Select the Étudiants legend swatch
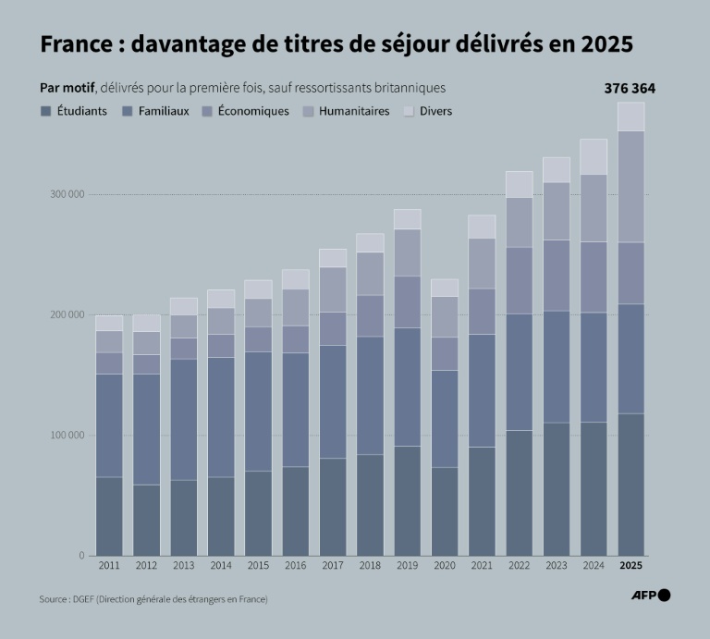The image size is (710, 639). pos(45,111)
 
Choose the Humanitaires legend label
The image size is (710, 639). pos(353,111)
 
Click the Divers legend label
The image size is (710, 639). pos(435,111)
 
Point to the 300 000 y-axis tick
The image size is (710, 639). pos(65,194)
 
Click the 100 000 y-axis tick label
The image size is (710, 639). pos(65,436)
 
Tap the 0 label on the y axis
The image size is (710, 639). pos(80,556)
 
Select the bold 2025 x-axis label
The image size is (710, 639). pos(630,565)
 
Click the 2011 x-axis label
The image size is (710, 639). pos(109,565)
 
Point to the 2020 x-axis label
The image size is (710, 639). pos(444,565)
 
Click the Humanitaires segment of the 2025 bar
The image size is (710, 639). pos(630,186)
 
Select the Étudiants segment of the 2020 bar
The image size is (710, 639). pos(444,511)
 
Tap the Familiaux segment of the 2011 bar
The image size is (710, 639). pos(109,425)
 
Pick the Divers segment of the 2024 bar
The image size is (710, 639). pos(594,156)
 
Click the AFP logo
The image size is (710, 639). pos(651,596)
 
